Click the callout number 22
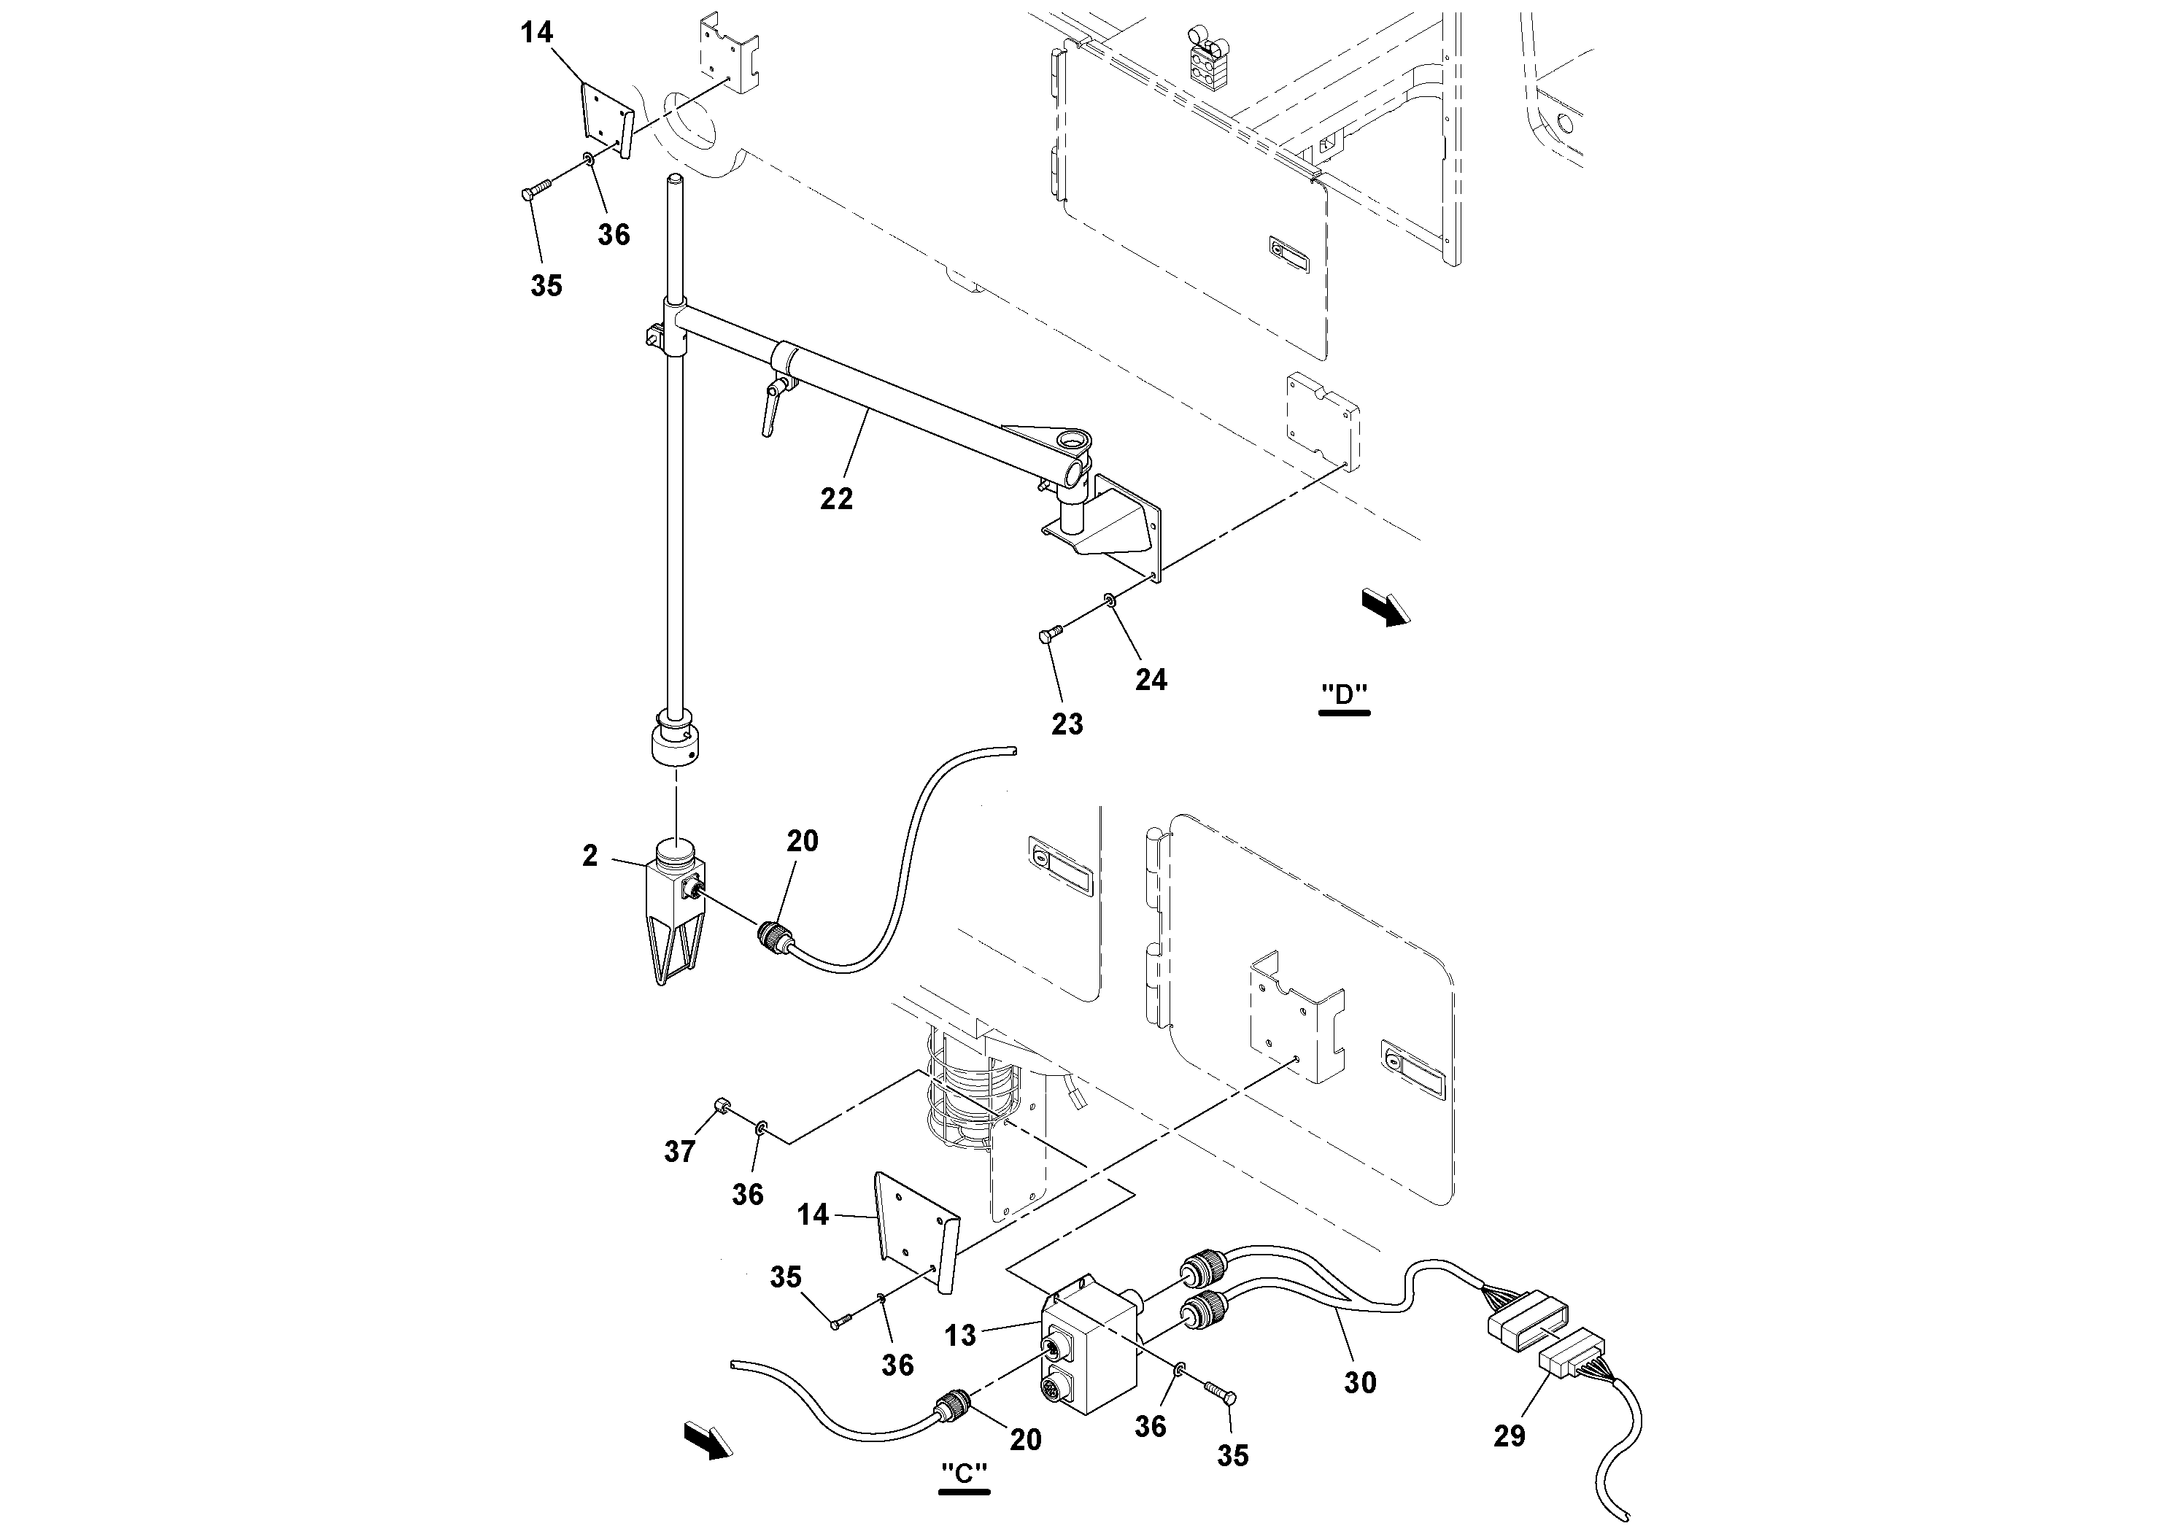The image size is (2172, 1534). coord(835,498)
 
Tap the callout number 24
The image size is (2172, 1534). coord(1151,679)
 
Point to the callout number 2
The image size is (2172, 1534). coord(590,856)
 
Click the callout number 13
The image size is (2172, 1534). coord(959,1336)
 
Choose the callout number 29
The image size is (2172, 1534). coord(1509,1436)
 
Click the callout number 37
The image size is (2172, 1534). coord(679,1151)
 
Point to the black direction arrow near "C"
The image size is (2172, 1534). coord(708,1441)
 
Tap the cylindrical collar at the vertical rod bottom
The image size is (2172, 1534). coord(677,746)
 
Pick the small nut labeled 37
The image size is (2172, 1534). coord(720,1107)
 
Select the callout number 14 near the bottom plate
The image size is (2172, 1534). coord(813,1215)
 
